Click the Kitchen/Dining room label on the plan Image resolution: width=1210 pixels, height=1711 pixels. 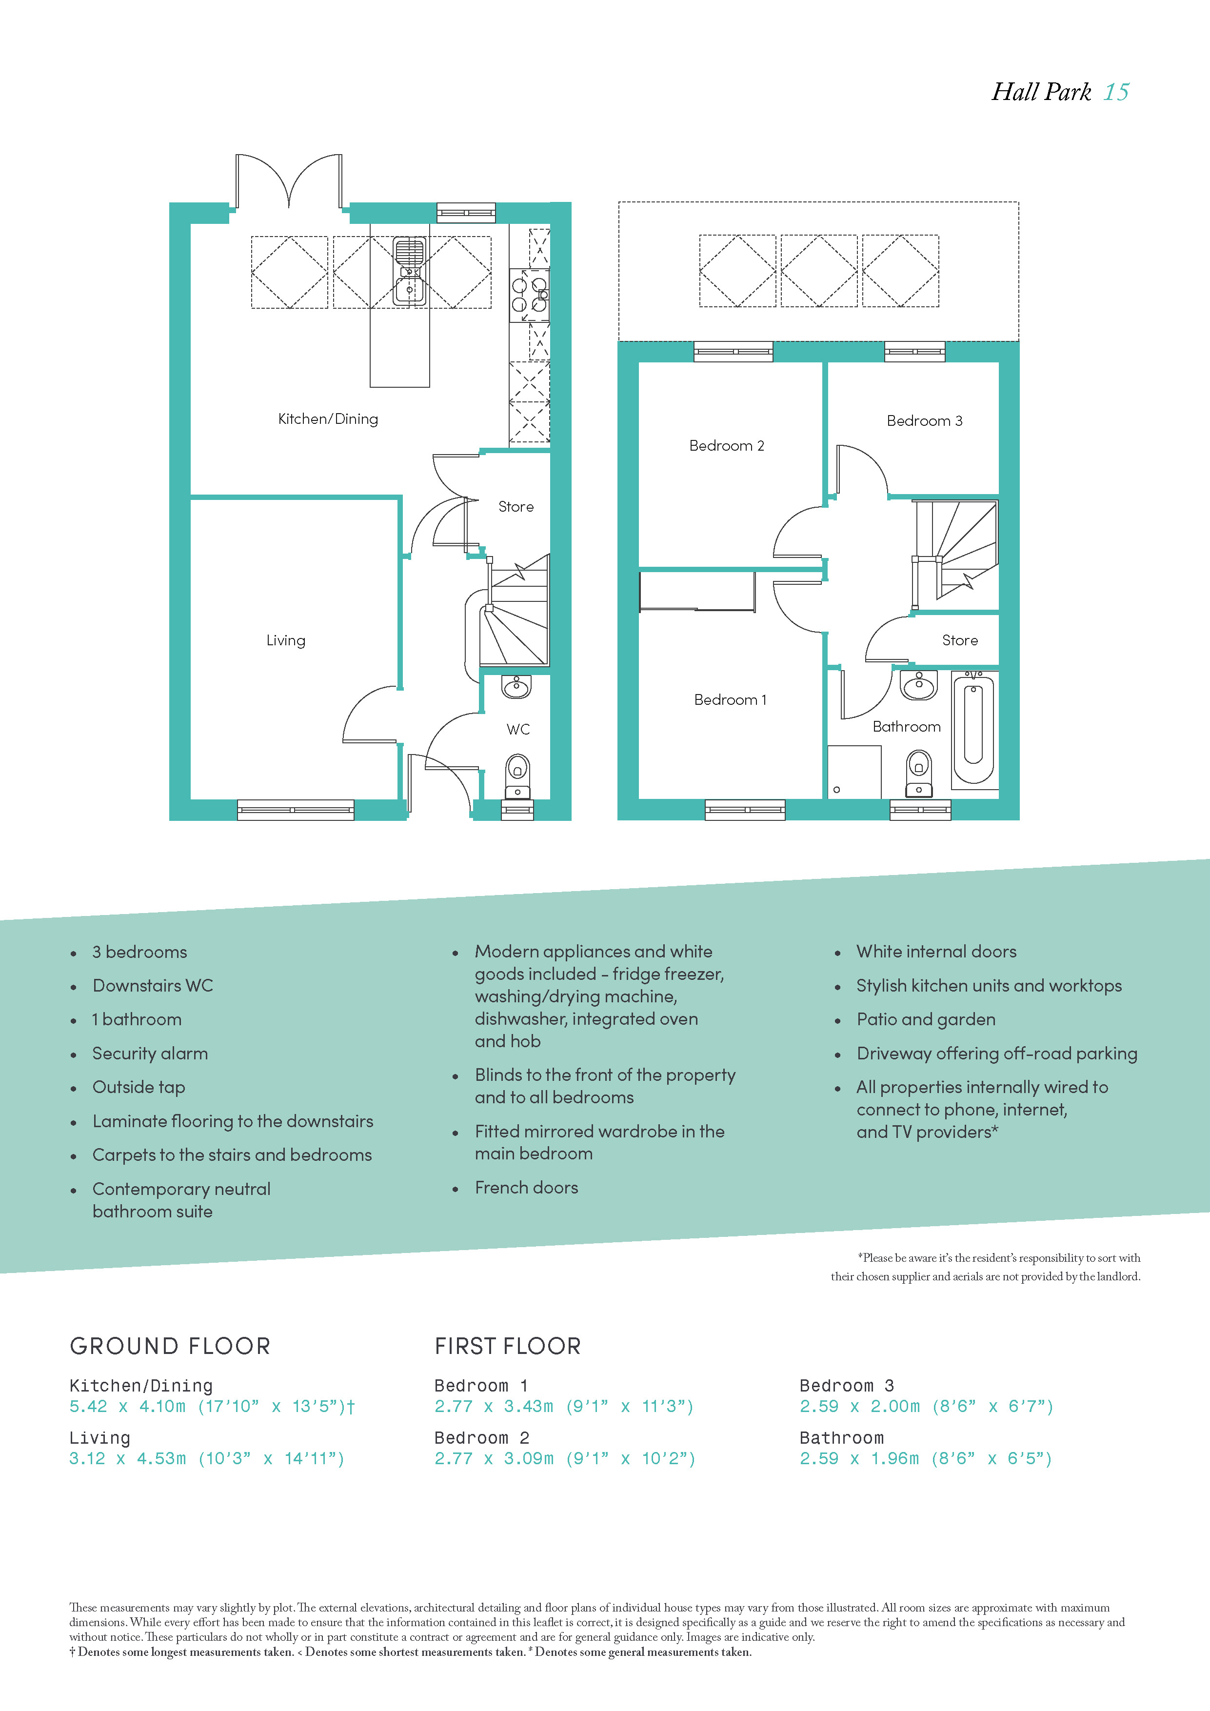328,419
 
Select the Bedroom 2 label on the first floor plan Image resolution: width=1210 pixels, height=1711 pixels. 727,446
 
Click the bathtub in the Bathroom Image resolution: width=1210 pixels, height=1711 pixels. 973,727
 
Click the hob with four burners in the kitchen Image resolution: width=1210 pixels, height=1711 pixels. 530,295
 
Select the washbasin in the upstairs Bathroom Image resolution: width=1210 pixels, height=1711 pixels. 919,686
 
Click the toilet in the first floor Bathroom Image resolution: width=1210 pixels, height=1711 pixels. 919,773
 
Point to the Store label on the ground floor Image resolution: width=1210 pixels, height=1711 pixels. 516,507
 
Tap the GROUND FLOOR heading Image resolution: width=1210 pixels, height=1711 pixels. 170,1346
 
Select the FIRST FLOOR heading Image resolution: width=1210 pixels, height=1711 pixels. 507,1346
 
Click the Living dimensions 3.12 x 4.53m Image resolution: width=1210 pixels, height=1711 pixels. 127,1458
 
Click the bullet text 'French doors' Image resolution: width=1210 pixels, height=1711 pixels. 526,1187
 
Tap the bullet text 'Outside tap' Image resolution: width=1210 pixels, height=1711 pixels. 139,1087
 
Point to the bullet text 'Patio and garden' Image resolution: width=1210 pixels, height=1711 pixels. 925,1019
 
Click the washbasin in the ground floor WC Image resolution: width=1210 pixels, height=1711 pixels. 516,686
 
